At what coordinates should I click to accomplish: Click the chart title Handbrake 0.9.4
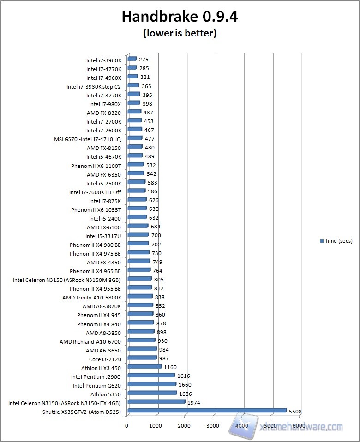point(180,17)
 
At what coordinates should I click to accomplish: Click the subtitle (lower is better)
point(180,33)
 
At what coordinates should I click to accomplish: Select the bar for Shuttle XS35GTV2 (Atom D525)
point(207,410)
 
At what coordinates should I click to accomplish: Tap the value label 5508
point(295,411)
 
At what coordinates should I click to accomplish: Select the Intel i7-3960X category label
point(103,60)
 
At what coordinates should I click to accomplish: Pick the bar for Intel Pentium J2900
point(151,375)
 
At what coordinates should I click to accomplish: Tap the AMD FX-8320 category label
point(103,113)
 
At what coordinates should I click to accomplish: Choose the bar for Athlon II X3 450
point(144,367)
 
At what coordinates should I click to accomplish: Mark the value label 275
point(144,60)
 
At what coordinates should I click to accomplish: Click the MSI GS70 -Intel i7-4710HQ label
point(87,139)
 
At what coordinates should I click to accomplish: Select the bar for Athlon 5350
point(152,393)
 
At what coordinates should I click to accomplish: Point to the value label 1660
point(185,385)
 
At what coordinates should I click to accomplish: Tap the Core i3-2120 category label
point(105,359)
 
